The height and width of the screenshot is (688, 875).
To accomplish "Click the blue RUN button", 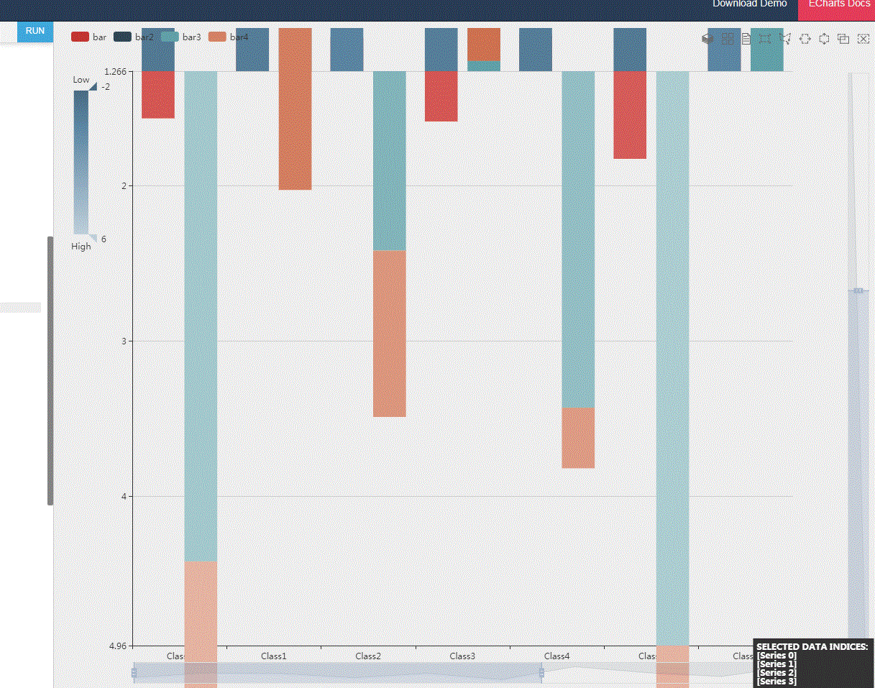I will [x=35, y=31].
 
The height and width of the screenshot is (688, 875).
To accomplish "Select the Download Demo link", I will [x=749, y=4].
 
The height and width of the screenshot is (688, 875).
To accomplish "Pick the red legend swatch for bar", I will [x=80, y=37].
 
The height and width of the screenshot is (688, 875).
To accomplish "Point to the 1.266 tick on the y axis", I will [x=115, y=71].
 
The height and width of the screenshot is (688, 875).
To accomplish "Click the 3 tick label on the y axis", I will [x=123, y=341].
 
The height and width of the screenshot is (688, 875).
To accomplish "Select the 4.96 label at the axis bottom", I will [x=117, y=646].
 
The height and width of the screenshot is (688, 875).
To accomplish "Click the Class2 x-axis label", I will [x=368, y=656].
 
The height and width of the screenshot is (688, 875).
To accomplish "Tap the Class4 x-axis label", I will [x=556, y=656].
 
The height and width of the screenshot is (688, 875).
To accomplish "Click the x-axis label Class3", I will [x=462, y=656].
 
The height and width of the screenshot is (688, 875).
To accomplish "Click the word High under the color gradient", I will [x=81, y=247].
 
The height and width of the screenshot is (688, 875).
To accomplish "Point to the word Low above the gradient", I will [x=81, y=80].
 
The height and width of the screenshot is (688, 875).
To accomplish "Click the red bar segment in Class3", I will [x=441, y=96].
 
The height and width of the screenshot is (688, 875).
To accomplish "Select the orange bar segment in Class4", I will [x=578, y=438].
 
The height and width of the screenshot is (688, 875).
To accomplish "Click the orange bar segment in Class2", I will [x=390, y=334].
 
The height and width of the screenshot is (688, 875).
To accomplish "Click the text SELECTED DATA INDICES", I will [x=812, y=647].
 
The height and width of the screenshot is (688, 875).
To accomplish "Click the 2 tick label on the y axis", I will [x=123, y=185].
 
